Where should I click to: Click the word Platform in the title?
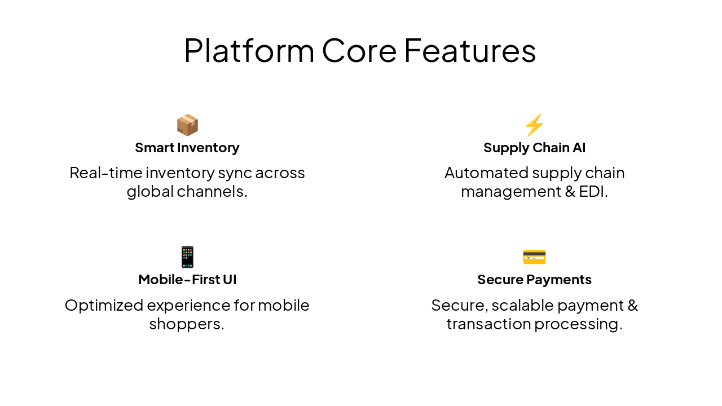249,51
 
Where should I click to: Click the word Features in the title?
470,51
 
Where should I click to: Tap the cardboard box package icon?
187,125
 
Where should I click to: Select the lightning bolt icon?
534,125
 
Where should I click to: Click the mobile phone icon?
187,257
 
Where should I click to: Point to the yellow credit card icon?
534,257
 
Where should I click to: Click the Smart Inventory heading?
187,148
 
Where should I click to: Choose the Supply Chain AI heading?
534,148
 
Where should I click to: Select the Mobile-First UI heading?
187,280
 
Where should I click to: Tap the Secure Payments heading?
534,280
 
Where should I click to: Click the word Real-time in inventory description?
105,173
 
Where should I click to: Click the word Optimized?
104,305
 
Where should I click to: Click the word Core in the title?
359,51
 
